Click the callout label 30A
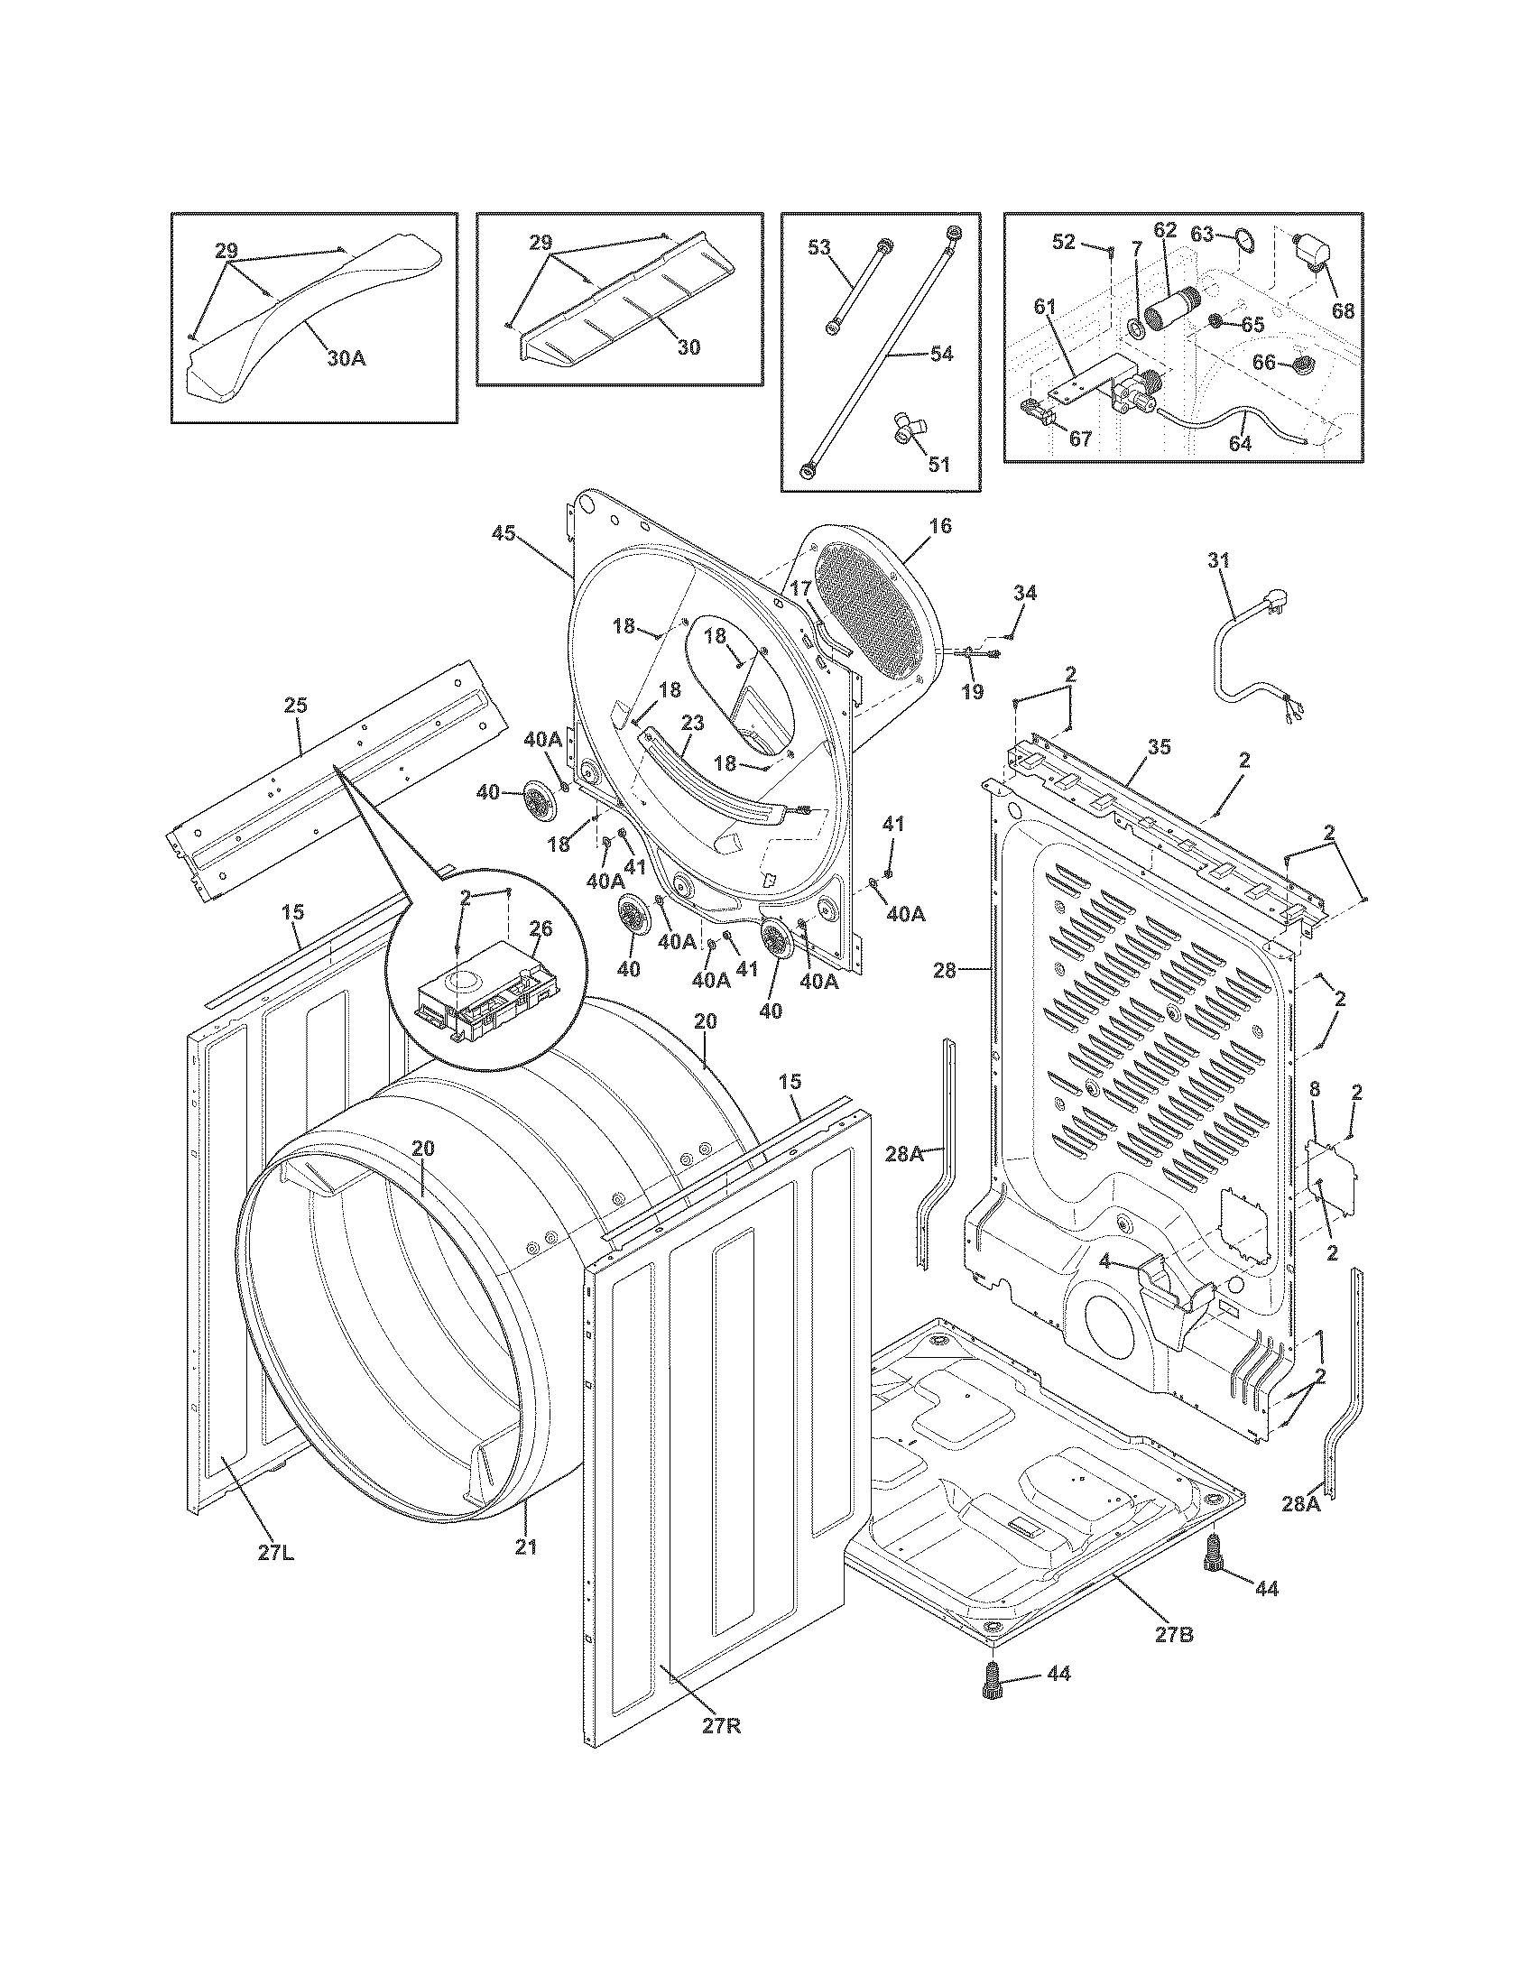coord(347,358)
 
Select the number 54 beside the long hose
coord(941,354)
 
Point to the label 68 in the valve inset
coord(1343,311)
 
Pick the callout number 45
coord(504,533)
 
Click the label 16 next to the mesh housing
coord(940,525)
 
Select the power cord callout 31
coord(1218,561)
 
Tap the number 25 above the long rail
coord(295,705)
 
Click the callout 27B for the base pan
coord(1174,1634)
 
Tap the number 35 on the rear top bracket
coord(1159,747)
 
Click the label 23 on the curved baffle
coord(692,724)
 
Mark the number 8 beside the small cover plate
coord(1314,1089)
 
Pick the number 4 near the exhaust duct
coord(1104,1260)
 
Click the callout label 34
coord(1025,593)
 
